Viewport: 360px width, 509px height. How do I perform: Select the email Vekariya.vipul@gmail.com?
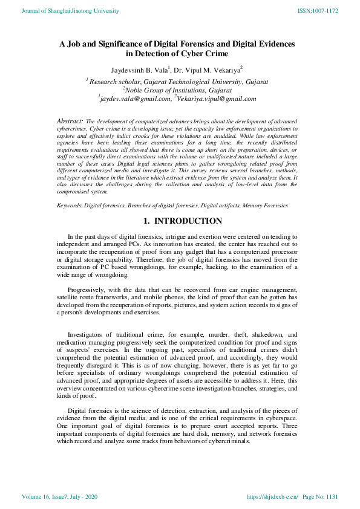coord(217,99)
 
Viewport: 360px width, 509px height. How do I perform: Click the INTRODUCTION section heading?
coord(188,221)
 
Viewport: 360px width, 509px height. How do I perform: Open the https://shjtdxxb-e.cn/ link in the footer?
coord(272,498)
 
